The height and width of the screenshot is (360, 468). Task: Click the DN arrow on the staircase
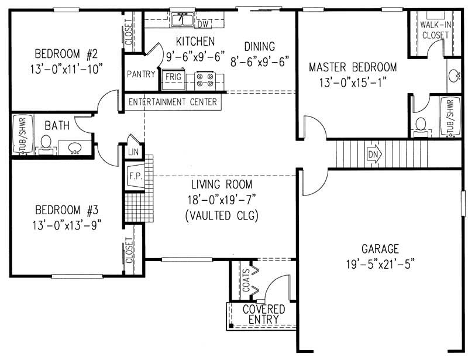pos(374,155)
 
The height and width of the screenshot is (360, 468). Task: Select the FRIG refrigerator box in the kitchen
pos(173,77)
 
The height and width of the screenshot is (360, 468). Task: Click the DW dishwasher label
pos(203,25)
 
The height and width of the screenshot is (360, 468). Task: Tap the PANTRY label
pos(140,74)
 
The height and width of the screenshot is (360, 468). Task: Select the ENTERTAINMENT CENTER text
pos(173,102)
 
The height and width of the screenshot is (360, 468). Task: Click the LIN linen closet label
pos(132,152)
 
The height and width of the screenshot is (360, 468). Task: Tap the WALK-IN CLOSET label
pos(434,30)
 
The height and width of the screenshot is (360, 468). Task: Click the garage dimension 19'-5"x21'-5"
pos(380,263)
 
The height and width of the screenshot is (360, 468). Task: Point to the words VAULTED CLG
pos(222,215)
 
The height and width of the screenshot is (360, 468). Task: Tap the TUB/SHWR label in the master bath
pos(450,117)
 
